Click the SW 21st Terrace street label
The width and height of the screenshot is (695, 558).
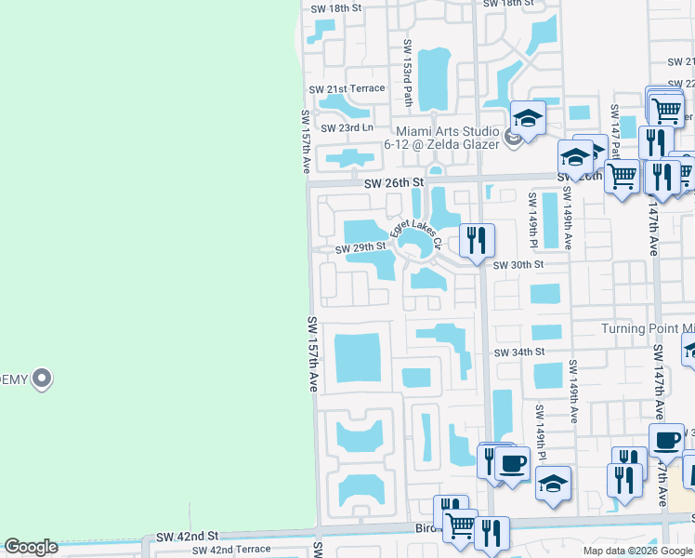click(347, 88)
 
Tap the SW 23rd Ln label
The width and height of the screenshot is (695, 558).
click(347, 127)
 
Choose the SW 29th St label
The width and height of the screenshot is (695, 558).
click(361, 248)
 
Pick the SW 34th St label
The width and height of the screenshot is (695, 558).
click(518, 353)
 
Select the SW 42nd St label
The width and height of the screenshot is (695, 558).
click(187, 537)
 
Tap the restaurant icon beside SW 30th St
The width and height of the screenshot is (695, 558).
click(476, 240)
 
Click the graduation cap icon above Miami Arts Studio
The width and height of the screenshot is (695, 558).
click(528, 118)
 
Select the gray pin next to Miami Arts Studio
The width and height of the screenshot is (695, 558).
click(512, 139)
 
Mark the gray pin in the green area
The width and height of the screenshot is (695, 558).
click(41, 379)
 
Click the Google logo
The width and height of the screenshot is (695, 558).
click(31, 547)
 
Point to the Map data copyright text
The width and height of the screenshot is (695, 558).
click(636, 551)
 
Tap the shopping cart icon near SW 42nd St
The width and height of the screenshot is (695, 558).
click(460, 525)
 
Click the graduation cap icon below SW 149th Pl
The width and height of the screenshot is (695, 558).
click(553, 484)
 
